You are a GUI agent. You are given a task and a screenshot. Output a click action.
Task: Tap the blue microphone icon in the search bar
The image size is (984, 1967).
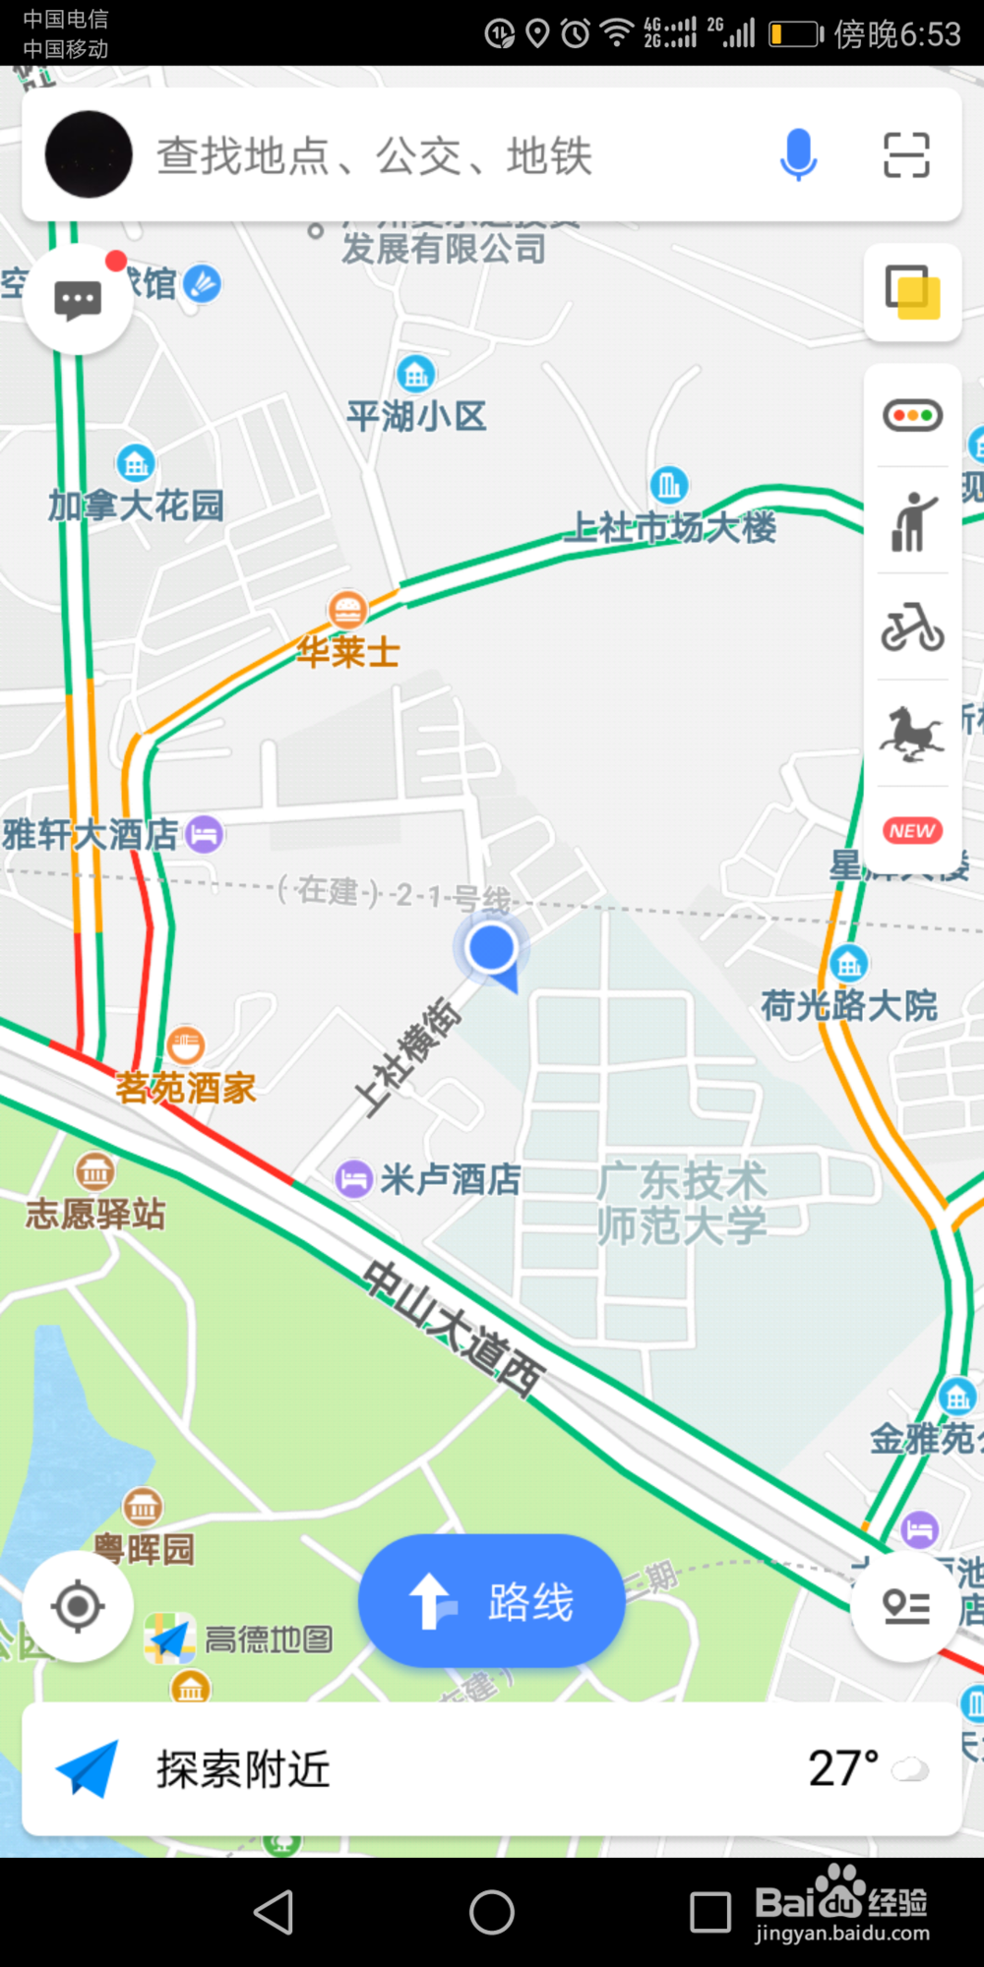[x=798, y=154]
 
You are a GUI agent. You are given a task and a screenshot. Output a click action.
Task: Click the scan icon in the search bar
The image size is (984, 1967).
[x=906, y=154]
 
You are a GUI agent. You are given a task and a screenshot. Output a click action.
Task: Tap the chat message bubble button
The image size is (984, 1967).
[x=78, y=300]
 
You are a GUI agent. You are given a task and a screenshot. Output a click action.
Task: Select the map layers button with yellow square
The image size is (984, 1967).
[x=912, y=292]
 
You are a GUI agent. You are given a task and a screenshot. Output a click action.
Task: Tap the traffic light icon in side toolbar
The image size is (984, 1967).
[x=912, y=415]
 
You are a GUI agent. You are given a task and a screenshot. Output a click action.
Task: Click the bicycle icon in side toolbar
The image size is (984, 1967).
[x=912, y=626]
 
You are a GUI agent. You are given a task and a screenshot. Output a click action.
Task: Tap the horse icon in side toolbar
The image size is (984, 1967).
[x=912, y=734]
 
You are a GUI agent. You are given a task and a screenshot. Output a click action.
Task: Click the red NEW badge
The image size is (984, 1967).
[x=912, y=831]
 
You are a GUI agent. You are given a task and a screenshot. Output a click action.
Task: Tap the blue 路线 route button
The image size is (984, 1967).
[x=491, y=1601]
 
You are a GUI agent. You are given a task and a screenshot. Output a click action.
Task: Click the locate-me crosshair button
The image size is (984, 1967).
[x=78, y=1606]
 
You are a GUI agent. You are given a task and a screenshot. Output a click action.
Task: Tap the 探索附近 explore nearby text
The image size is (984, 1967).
[x=243, y=1769]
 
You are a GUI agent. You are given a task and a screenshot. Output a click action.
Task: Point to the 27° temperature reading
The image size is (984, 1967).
[x=843, y=1768]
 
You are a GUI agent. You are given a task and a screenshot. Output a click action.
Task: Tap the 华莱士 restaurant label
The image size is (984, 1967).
[x=348, y=651]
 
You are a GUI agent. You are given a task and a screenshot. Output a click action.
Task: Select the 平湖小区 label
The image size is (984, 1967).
[x=416, y=416]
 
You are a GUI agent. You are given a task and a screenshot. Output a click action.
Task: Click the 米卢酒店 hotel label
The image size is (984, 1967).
[x=450, y=1179]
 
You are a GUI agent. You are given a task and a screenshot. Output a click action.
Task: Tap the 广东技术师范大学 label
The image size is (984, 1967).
[x=681, y=1203]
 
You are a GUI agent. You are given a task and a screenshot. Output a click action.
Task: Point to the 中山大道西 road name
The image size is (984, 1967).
[x=452, y=1328]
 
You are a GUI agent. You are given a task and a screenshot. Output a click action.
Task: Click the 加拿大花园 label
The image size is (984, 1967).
[x=136, y=506]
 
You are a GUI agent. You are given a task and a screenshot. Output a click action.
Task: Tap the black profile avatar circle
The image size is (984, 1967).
[x=89, y=154]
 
